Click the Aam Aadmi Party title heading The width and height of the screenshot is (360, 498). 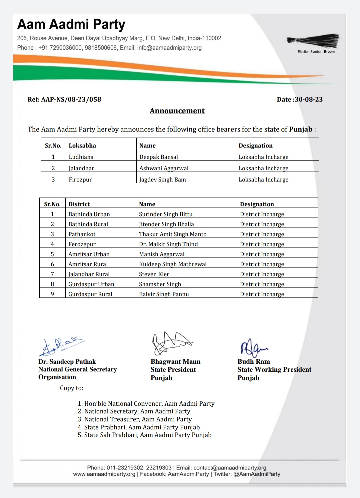coord(71,25)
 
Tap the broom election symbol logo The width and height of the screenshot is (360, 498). coord(313,41)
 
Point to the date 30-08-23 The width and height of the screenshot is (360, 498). coord(308,99)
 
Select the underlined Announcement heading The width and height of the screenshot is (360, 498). coord(177,111)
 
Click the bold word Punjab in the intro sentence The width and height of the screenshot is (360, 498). coord(300,129)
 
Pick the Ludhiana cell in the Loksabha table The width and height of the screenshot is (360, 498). coord(81,157)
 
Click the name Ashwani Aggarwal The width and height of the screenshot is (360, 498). coord(164,168)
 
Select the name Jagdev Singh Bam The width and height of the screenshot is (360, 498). coord(162,180)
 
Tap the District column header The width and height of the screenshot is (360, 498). coord(79,204)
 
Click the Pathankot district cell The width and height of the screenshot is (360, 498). coord(82,234)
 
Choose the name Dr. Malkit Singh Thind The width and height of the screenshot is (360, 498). coord(168,244)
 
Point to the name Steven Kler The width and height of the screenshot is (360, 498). coord(154,274)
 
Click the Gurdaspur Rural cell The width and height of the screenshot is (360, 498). coord(90,294)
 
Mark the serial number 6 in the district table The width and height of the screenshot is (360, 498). coord(52,264)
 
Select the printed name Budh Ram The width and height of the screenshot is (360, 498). coord(254,362)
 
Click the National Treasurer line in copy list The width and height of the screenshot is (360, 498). coord(138,419)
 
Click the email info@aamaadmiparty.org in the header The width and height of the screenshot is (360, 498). coord(169,48)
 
